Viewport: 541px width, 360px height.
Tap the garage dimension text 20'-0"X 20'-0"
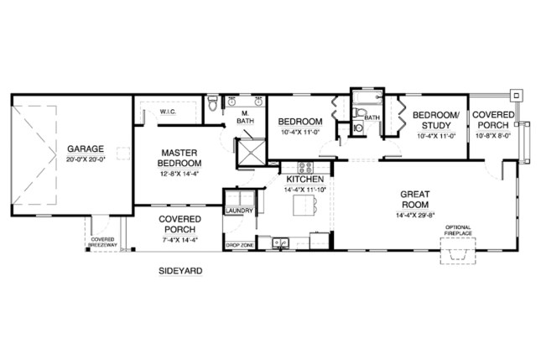(86, 161)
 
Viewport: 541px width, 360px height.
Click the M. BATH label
(245, 117)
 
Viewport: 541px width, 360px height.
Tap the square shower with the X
(251, 150)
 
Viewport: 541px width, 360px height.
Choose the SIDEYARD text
(179, 271)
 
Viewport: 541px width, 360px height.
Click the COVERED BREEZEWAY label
(103, 243)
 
